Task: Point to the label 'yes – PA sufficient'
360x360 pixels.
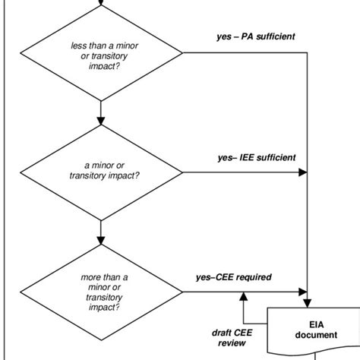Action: click(255, 35)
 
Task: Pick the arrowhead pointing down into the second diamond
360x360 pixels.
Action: click(101, 121)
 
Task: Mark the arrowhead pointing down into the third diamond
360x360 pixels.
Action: click(101, 239)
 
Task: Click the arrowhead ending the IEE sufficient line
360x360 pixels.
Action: click(302, 172)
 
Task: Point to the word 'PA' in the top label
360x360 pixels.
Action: click(245, 35)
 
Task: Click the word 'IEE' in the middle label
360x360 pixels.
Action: click(247, 158)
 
